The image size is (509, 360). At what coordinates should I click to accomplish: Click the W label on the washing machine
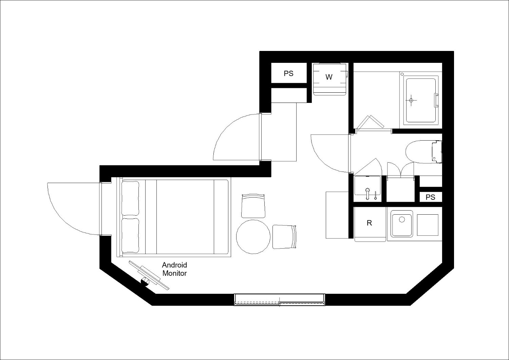(329, 77)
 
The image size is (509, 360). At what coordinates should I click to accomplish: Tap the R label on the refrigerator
(369, 223)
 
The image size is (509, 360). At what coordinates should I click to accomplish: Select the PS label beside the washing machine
(288, 73)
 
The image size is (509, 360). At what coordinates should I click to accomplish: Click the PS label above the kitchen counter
(430, 197)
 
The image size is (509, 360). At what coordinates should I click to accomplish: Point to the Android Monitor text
(174, 269)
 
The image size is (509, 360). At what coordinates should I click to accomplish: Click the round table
(253, 237)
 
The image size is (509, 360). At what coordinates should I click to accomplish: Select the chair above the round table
(253, 206)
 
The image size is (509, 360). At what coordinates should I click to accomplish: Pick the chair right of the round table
(284, 237)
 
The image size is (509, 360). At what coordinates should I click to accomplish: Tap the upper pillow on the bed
(130, 198)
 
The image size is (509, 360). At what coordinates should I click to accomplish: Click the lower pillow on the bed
(130, 236)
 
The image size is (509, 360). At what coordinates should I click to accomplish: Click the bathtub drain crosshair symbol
(411, 100)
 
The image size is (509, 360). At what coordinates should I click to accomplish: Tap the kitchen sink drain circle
(402, 219)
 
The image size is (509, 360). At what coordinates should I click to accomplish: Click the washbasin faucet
(367, 193)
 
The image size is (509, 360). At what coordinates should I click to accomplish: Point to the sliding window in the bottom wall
(280, 300)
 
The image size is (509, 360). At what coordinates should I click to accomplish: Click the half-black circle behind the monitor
(145, 282)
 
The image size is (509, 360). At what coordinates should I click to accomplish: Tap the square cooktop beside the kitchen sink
(428, 225)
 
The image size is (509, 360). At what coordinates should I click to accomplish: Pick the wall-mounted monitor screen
(149, 276)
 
